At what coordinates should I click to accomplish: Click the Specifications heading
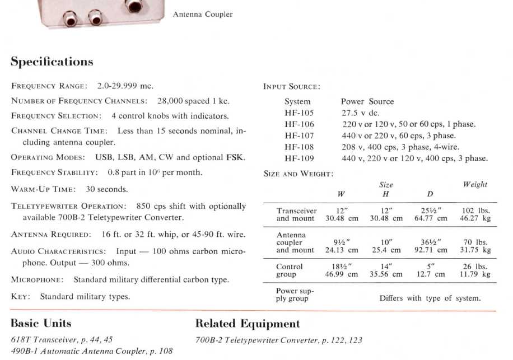pyautogui.click(x=52, y=62)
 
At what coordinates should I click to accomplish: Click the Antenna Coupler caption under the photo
pyautogui.click(x=203, y=15)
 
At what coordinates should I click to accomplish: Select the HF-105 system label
pyautogui.click(x=299, y=113)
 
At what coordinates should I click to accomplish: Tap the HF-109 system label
pyautogui.click(x=299, y=158)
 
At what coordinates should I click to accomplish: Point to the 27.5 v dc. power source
pyautogui.click(x=361, y=113)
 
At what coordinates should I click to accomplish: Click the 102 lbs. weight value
pyautogui.click(x=475, y=211)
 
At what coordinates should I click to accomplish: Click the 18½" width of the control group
pyautogui.click(x=342, y=267)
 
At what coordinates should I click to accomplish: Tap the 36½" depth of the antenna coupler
pyautogui.click(x=430, y=242)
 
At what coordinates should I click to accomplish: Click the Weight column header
pyautogui.click(x=475, y=184)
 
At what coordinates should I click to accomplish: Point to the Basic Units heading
pyautogui.click(x=41, y=324)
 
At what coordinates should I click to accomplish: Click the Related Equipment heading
pyautogui.click(x=247, y=324)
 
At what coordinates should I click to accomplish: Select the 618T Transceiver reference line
pyautogui.click(x=62, y=340)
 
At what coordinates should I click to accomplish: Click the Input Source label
pyautogui.click(x=291, y=87)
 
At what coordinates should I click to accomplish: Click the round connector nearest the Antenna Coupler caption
pyautogui.click(x=133, y=6)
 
